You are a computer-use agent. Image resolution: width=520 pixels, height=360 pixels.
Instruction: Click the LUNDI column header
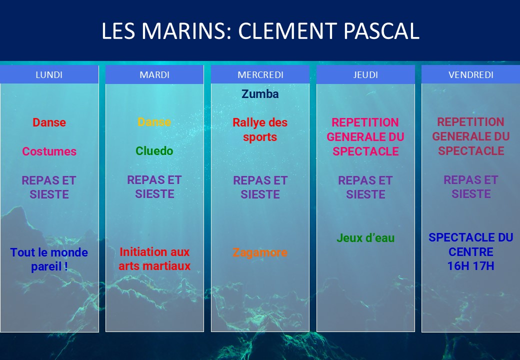pos(49,74)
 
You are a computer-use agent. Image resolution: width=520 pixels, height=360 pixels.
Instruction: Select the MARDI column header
pos(154,74)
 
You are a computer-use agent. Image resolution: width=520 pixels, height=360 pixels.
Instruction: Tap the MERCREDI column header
pos(260,74)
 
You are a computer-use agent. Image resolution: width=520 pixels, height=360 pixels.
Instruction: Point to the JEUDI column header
pos(365,74)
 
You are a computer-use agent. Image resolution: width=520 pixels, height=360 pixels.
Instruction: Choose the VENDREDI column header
pos(471,74)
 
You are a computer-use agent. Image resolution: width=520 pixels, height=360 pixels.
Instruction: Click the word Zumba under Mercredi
pos(260,94)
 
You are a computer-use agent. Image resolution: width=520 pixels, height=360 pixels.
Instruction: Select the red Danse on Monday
pos(49,122)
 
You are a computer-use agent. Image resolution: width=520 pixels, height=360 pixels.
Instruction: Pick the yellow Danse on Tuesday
pos(154,122)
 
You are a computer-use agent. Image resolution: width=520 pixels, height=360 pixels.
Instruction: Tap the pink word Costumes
pos(49,151)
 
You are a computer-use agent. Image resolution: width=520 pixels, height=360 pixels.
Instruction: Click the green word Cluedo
pos(154,151)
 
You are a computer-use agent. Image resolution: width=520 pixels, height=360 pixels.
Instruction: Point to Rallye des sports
pos(260,129)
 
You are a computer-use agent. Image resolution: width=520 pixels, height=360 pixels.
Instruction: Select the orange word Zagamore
pos(260,252)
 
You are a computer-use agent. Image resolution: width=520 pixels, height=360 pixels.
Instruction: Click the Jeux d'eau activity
pos(365,238)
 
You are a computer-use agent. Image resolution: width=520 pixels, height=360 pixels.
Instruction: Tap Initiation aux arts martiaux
pos(154,259)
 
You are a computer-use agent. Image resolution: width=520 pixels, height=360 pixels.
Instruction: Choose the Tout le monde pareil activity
pos(49,259)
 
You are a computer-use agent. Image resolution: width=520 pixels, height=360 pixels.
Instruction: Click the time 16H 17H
pos(471,266)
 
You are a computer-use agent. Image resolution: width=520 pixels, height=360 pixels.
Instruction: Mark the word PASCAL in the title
pos(381,31)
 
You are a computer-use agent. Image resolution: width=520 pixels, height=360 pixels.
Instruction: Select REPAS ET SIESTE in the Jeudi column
pos(365,187)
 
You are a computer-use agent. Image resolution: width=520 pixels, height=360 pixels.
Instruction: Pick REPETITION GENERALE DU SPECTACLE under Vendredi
pos(471,136)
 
